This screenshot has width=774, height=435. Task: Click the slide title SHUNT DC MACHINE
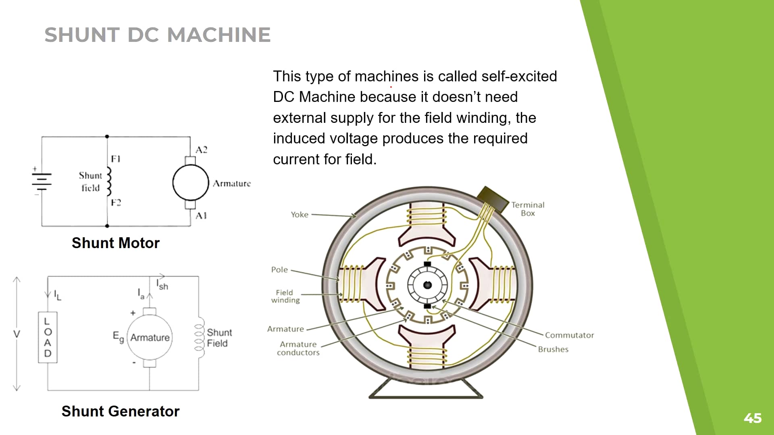pyautogui.click(x=157, y=35)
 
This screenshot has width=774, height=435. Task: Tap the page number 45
pyautogui.click(x=752, y=418)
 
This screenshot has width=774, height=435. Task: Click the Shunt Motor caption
pyautogui.click(x=116, y=243)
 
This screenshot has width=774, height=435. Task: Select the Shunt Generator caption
pyautogui.click(x=120, y=411)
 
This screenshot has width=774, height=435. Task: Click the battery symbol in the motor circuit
pyautogui.click(x=42, y=181)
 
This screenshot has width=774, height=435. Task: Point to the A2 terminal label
pyautogui.click(x=201, y=150)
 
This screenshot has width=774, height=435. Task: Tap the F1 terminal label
pyautogui.click(x=116, y=159)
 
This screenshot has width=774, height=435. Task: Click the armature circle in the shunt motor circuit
pyautogui.click(x=190, y=182)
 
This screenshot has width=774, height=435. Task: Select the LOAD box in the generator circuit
pyautogui.click(x=48, y=337)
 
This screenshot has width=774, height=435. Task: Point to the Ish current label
pyautogui.click(x=162, y=285)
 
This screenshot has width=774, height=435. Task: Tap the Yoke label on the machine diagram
pyautogui.click(x=300, y=215)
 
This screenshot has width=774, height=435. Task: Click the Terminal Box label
pyautogui.click(x=528, y=209)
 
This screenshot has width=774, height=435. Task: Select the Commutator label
pyautogui.click(x=569, y=335)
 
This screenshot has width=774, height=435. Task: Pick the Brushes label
pyautogui.click(x=553, y=349)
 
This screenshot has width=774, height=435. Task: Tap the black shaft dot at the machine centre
pyautogui.click(x=427, y=285)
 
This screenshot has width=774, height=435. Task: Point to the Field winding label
pyautogui.click(x=285, y=296)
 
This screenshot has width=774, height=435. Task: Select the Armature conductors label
pyautogui.click(x=298, y=348)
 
